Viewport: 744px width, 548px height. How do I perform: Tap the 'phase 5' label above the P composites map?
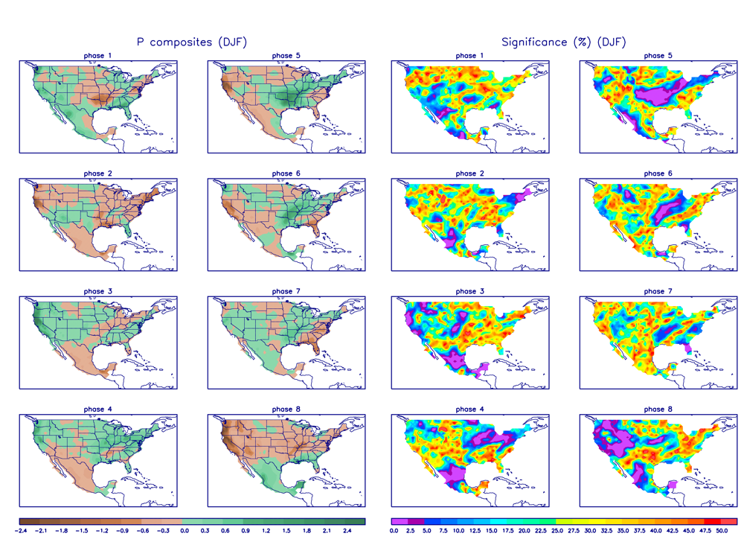(x=282, y=56)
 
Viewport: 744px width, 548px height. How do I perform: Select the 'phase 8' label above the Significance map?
(x=654, y=410)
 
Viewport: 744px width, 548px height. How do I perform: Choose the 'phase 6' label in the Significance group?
(x=654, y=173)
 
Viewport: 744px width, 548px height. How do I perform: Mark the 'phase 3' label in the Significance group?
(x=466, y=291)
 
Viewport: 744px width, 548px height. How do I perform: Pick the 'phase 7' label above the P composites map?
(x=282, y=291)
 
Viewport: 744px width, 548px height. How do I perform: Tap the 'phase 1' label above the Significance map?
(x=466, y=56)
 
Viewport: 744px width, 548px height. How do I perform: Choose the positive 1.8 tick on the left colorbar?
(x=307, y=532)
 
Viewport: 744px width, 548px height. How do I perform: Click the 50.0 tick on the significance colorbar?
(x=721, y=532)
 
